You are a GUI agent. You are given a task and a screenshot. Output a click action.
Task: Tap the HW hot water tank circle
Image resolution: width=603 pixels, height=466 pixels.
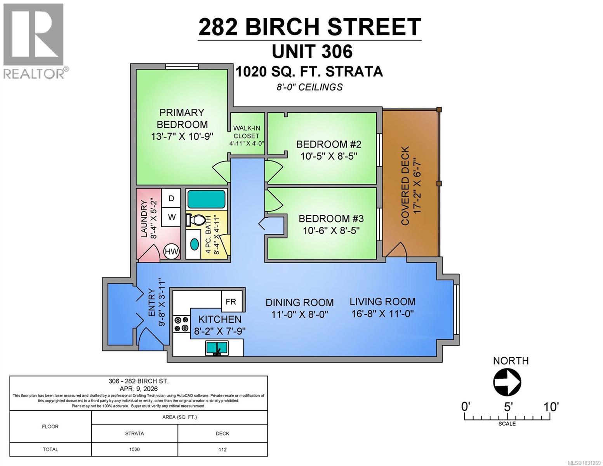point(171,252)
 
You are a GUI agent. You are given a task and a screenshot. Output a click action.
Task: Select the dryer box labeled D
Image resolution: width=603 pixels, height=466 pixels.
point(171,198)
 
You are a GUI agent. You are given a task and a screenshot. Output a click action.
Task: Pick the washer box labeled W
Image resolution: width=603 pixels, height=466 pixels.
point(171,217)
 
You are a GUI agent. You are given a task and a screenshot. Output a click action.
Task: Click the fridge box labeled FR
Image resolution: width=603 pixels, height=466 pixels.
point(231,301)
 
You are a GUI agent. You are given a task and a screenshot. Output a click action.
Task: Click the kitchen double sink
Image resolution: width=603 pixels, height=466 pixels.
point(217,348)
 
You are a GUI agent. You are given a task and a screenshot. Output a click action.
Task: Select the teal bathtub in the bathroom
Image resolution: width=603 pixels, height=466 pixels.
point(206,199)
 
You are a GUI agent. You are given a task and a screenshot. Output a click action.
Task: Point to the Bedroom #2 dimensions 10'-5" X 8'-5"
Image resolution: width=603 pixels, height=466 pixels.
point(328,156)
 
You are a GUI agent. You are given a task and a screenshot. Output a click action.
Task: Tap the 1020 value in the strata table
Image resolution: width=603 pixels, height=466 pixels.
point(134,449)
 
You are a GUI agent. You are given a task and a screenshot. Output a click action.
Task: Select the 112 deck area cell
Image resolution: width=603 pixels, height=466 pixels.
point(222,449)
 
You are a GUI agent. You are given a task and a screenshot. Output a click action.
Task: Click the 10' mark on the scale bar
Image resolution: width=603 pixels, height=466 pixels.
point(551,407)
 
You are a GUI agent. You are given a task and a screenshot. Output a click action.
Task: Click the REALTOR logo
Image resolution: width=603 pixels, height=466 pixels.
point(34,41)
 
